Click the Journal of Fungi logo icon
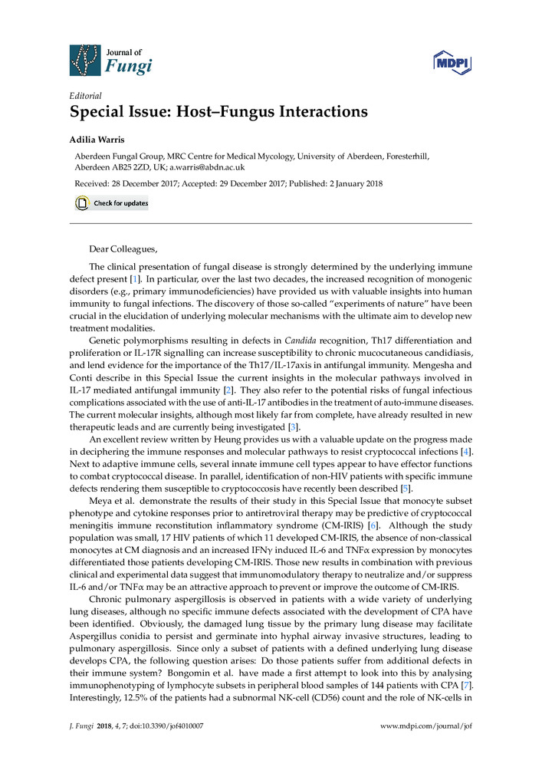(85, 60)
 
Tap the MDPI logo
(452, 61)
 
